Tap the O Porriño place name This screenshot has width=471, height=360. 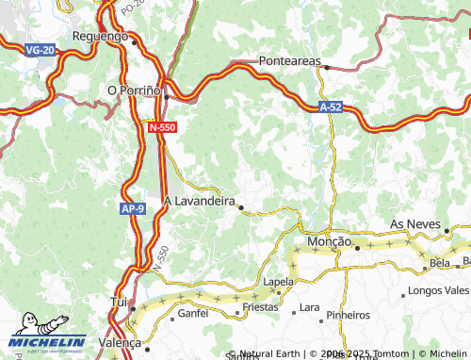tap(136, 90)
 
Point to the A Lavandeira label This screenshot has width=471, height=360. tap(199, 201)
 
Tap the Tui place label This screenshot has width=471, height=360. tap(119, 302)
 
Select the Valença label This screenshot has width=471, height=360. tap(120, 343)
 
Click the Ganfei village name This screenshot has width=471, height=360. tap(193, 313)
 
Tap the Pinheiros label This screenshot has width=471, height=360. tap(349, 314)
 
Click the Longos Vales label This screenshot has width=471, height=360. tap(440, 293)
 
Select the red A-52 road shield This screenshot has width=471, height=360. tap(329, 108)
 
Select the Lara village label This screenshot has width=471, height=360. tap(308, 308)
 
